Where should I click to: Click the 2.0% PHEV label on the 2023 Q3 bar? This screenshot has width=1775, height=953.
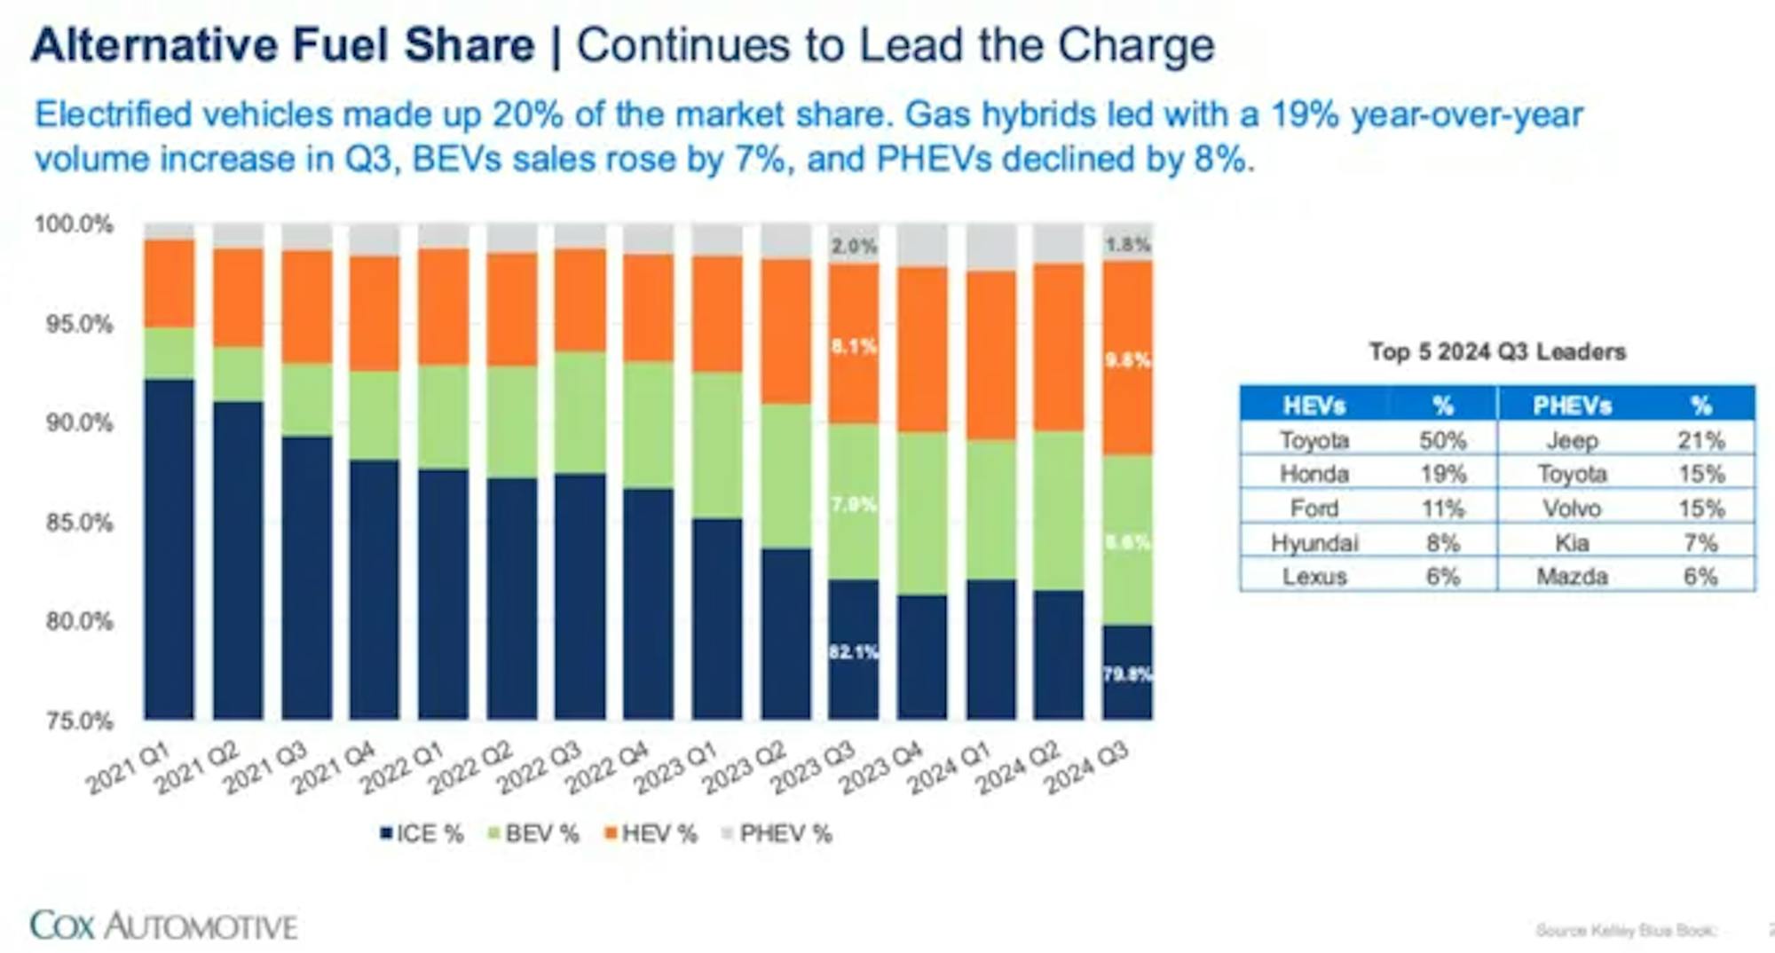(854, 246)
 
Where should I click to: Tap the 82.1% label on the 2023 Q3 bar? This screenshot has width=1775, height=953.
(854, 652)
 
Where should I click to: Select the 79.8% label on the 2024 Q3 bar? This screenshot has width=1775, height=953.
(1127, 674)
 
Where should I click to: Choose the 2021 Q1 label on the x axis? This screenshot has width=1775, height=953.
(129, 768)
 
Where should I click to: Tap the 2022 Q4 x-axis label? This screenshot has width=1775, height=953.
(608, 768)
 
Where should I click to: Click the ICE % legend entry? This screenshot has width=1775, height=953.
(422, 834)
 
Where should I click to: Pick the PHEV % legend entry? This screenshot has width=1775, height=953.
(777, 834)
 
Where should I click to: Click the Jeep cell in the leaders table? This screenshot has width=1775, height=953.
(1572, 440)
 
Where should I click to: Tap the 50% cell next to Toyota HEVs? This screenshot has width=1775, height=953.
(1443, 440)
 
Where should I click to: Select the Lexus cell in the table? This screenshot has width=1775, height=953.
(1314, 577)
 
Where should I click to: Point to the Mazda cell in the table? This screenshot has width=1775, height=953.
(1572, 577)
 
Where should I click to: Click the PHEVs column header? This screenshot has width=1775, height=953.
(1572, 406)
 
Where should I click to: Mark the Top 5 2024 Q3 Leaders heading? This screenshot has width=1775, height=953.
(1497, 351)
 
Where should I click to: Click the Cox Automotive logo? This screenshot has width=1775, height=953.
(163, 925)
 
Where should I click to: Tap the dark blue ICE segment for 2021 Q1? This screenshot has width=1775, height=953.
(170, 550)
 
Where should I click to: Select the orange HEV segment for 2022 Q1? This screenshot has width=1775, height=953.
(444, 306)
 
